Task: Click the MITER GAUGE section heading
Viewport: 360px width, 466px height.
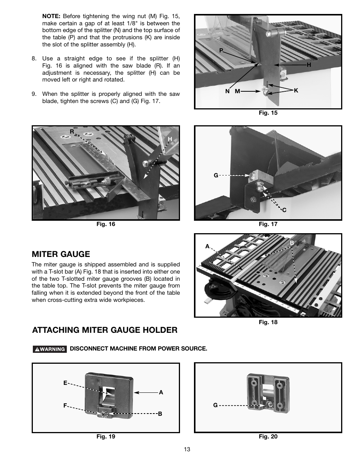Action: [61, 254]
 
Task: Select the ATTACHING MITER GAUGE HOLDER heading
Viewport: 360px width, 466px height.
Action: [105, 330]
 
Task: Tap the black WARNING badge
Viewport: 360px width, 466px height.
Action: [50, 349]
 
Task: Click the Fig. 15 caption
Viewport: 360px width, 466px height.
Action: [268, 113]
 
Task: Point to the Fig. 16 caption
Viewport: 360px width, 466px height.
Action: [106, 224]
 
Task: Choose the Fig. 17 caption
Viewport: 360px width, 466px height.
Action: [268, 224]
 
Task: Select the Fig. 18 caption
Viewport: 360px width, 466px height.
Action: [268, 322]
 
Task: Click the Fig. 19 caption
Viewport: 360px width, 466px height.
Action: [106, 437]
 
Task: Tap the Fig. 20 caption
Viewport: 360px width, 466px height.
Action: [268, 437]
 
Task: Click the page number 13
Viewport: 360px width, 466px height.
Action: [187, 449]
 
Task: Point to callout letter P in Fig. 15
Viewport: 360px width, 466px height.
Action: [221, 50]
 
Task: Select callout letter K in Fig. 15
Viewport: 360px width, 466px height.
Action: [296, 91]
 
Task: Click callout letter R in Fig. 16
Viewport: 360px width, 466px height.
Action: [71, 132]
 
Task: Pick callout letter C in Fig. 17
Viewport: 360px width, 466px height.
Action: [285, 210]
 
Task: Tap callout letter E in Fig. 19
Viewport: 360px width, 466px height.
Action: [65, 383]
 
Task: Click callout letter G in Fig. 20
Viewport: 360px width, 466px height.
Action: [215, 405]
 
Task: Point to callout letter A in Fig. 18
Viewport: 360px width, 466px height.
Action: [207, 246]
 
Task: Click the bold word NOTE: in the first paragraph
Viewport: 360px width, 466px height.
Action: [51, 16]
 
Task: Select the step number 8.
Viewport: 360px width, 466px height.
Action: [34, 58]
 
